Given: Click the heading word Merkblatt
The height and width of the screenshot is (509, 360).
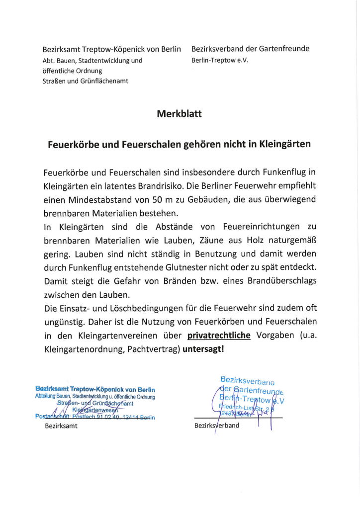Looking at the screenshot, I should (x=180, y=114).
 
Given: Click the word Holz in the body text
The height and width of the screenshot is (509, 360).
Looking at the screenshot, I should (x=251, y=240).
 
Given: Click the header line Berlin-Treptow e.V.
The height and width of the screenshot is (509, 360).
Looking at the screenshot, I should (x=219, y=60).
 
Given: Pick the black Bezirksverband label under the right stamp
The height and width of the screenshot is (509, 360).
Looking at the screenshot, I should (x=217, y=426).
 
